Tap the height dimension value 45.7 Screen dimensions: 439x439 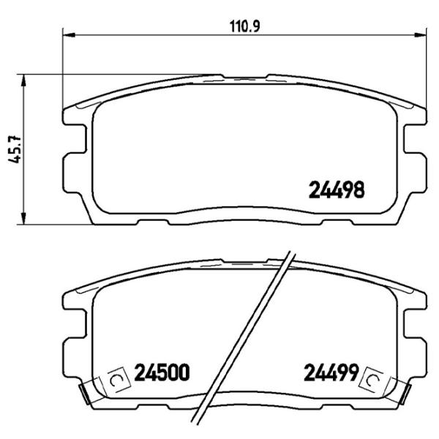(x=12, y=150)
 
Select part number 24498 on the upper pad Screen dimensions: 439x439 (x=335, y=190)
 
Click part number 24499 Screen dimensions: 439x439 (x=330, y=374)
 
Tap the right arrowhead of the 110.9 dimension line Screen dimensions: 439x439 (x=422, y=33)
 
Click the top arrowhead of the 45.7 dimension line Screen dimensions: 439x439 (x=27, y=78)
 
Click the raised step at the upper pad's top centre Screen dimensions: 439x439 (x=245, y=76)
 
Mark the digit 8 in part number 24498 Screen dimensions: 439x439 (x=359, y=190)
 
